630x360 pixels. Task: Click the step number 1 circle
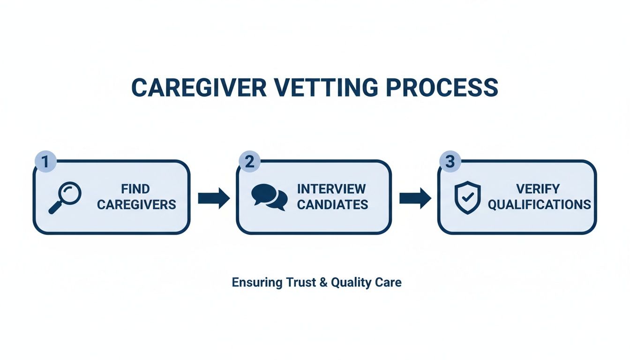click(45, 162)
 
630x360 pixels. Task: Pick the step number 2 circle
click(249, 162)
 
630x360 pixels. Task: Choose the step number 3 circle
click(450, 162)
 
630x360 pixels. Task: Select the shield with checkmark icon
click(468, 197)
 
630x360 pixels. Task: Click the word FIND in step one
click(135, 189)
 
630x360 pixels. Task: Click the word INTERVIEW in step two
click(331, 189)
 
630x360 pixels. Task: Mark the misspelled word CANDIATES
click(332, 204)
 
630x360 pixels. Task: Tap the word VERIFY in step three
click(538, 189)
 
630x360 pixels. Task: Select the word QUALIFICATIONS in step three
click(539, 204)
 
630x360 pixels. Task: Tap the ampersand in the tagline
click(323, 283)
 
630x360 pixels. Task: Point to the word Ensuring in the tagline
click(257, 283)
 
